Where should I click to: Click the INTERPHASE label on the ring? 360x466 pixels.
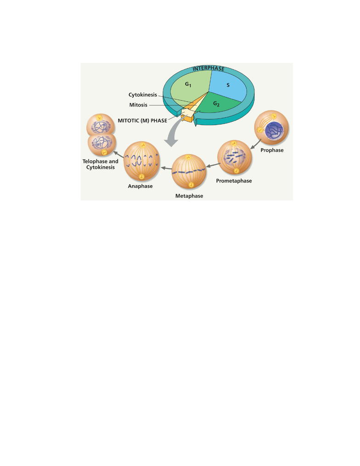click(x=208, y=68)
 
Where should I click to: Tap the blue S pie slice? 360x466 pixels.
click(x=228, y=85)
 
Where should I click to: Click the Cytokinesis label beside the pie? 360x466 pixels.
click(x=143, y=95)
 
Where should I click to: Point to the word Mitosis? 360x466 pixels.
click(x=138, y=105)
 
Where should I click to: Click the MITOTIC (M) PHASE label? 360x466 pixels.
click(x=142, y=120)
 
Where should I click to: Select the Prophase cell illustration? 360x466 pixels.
click(x=271, y=128)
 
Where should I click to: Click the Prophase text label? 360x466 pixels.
click(x=272, y=150)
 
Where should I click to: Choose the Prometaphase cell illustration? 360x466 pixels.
click(x=235, y=157)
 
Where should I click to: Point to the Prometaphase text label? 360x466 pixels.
click(x=234, y=181)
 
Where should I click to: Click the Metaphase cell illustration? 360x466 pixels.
click(x=189, y=172)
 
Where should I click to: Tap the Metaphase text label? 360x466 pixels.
click(x=189, y=196)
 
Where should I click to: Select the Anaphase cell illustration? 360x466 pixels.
click(x=141, y=161)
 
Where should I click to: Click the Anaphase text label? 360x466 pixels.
click(x=141, y=186)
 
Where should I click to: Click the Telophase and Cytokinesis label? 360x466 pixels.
click(x=101, y=164)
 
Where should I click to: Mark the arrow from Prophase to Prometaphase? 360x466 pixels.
click(x=256, y=144)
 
